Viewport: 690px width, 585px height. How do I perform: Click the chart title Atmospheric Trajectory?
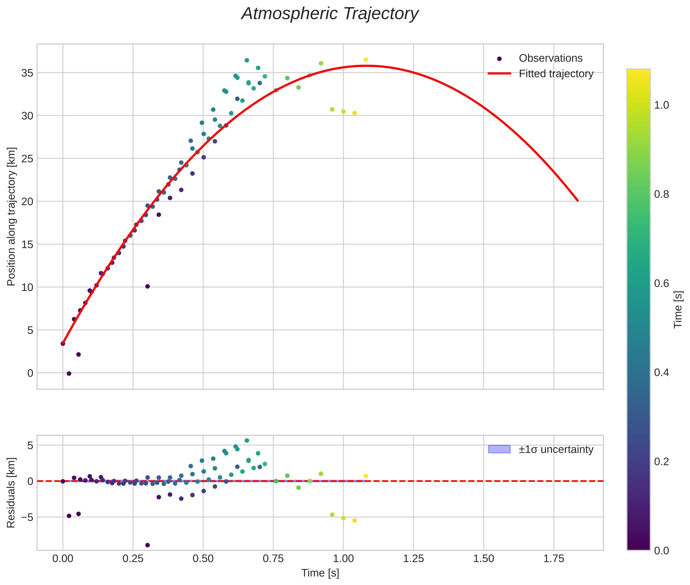(x=330, y=14)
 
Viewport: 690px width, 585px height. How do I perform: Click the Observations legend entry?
(x=550, y=58)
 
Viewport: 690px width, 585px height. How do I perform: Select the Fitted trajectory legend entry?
(x=556, y=74)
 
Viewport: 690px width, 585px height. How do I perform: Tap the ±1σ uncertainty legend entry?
(x=556, y=449)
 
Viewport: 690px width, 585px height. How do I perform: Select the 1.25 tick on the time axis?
(x=413, y=558)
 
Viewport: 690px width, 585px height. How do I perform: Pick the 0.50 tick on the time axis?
(x=203, y=558)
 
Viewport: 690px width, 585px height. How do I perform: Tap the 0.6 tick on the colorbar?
(x=661, y=283)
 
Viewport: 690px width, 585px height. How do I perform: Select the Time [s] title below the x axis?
(x=320, y=573)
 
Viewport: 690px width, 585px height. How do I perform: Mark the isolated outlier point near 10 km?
(x=148, y=287)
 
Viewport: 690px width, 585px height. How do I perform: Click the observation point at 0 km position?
(x=69, y=374)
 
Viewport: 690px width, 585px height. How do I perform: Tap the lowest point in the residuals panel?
(x=148, y=545)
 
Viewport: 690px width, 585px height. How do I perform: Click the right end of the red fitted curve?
(x=578, y=201)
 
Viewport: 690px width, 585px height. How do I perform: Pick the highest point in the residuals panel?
(x=247, y=440)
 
